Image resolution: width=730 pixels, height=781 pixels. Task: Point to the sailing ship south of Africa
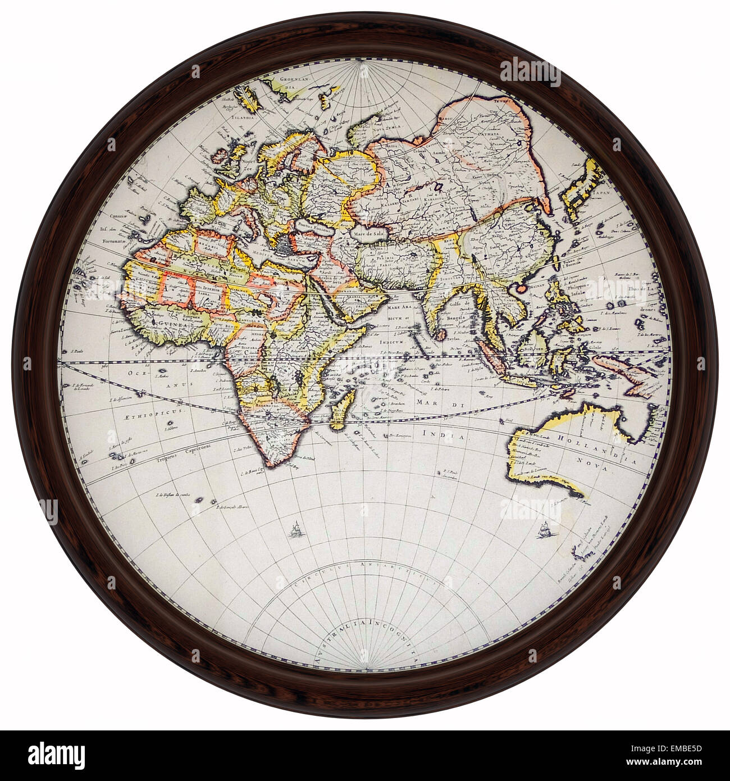[294, 530]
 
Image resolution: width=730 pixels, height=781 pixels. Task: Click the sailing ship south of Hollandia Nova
[542, 529]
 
